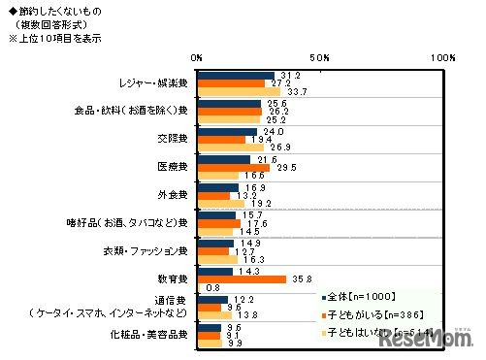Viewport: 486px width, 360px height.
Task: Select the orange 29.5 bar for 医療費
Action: tap(236, 167)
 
